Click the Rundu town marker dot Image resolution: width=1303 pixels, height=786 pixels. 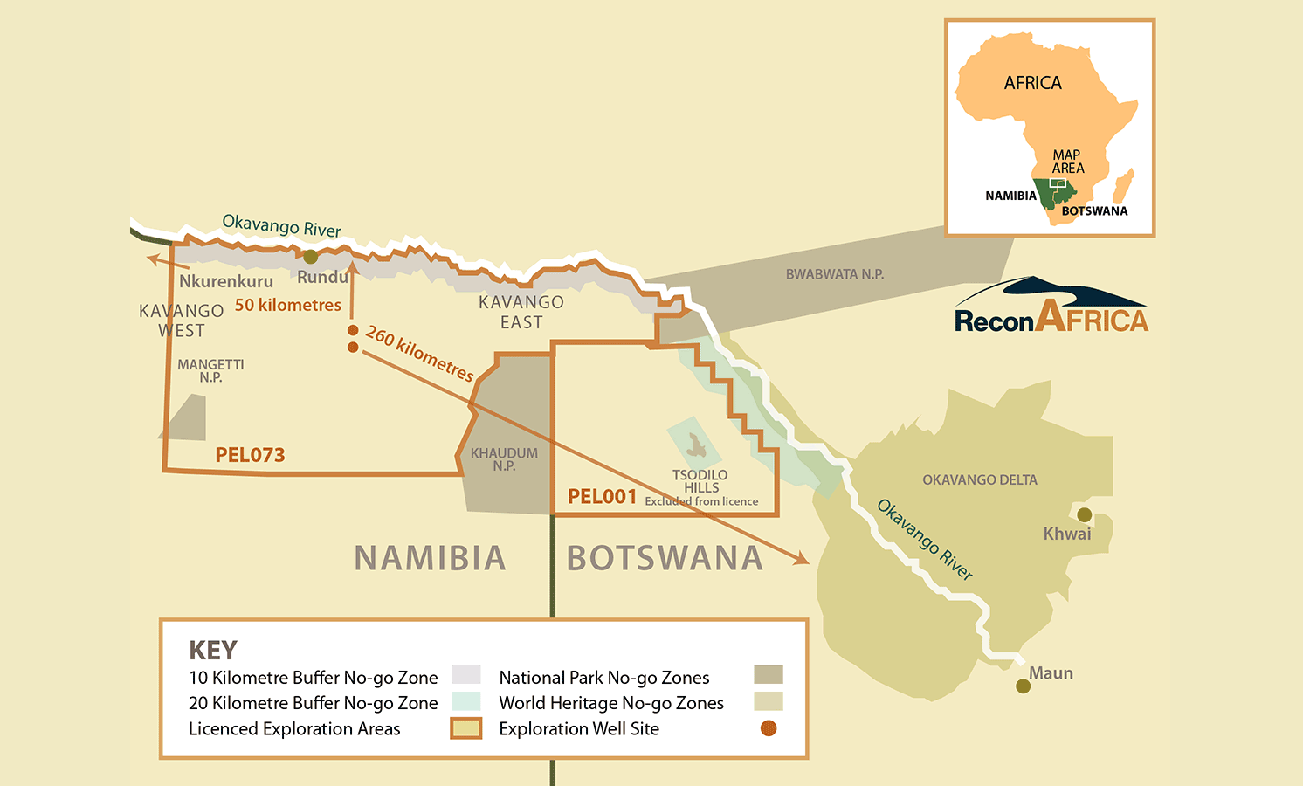click(310, 257)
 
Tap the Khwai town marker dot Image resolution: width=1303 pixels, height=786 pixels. click(1084, 514)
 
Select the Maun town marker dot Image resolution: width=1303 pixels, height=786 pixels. click(1023, 686)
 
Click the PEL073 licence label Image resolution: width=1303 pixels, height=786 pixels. click(250, 455)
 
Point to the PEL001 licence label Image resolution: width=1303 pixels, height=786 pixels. click(602, 497)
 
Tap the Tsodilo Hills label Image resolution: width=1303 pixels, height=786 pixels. click(700, 481)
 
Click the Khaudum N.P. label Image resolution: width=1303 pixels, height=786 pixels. click(504, 459)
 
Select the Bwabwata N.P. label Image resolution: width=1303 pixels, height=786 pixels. click(834, 274)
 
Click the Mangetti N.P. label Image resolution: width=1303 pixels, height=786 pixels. click(210, 370)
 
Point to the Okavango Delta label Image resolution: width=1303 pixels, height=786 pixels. click(979, 480)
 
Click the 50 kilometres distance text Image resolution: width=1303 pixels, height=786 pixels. click(287, 305)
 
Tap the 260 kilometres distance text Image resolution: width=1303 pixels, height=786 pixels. click(419, 354)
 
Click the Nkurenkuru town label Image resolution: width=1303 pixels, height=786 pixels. click(225, 281)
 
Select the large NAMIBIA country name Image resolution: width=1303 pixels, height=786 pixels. click(430, 558)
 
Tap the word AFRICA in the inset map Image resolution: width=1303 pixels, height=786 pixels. click(1032, 83)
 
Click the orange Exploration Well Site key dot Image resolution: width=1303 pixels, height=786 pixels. click(769, 728)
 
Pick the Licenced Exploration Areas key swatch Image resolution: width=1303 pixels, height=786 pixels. click(466, 728)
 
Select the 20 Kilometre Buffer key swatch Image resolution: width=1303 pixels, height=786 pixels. click(466, 702)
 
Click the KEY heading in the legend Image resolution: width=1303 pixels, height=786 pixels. click(213, 651)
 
